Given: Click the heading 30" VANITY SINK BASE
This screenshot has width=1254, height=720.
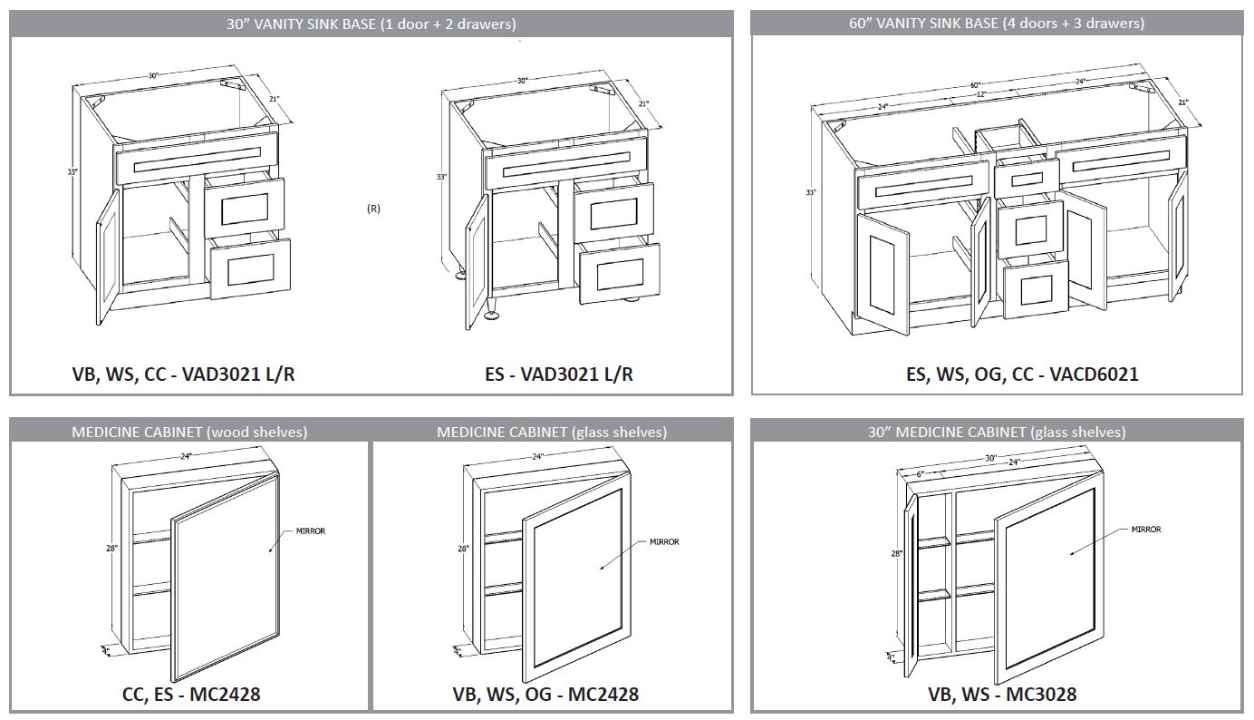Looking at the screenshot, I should pyautogui.click(x=371, y=24).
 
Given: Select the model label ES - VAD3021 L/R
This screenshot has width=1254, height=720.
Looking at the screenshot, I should pyautogui.click(x=559, y=374).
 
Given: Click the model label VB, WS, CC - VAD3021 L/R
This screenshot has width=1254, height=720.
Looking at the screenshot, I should pyautogui.click(x=184, y=374).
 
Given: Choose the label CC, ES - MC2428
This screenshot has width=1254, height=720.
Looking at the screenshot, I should pyautogui.click(x=191, y=695).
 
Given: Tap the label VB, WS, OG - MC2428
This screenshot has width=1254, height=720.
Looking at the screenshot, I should pyautogui.click(x=545, y=695).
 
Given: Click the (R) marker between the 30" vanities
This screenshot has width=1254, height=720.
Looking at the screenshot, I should pyautogui.click(x=373, y=209).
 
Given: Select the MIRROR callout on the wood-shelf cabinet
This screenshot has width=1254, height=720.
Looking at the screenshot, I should pyautogui.click(x=310, y=531).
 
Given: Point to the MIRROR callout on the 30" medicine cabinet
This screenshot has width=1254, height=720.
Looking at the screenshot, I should pyautogui.click(x=1145, y=530).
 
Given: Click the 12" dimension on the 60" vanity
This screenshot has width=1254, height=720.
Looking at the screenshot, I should pyautogui.click(x=980, y=94).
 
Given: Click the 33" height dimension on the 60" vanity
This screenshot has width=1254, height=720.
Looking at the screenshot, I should pyautogui.click(x=811, y=192).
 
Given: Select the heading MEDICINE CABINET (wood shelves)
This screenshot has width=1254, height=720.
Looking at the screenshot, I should pyautogui.click(x=189, y=433).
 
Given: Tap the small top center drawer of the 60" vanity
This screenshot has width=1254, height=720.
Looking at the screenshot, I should pyautogui.click(x=1026, y=178).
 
